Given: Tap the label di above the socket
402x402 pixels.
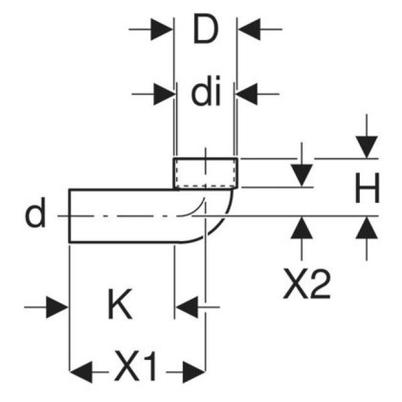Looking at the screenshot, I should click(205, 94).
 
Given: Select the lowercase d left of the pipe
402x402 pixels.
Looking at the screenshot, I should click(35, 215).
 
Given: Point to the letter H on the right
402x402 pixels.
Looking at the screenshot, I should click(367, 189).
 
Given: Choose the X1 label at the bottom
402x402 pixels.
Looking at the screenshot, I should click(136, 367).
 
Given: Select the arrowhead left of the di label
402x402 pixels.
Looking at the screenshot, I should click(163, 95).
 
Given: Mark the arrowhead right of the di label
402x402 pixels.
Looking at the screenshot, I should click(247, 95).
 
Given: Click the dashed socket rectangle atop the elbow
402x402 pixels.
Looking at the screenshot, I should click(205, 173).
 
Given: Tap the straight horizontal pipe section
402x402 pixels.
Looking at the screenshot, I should click(119, 215).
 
